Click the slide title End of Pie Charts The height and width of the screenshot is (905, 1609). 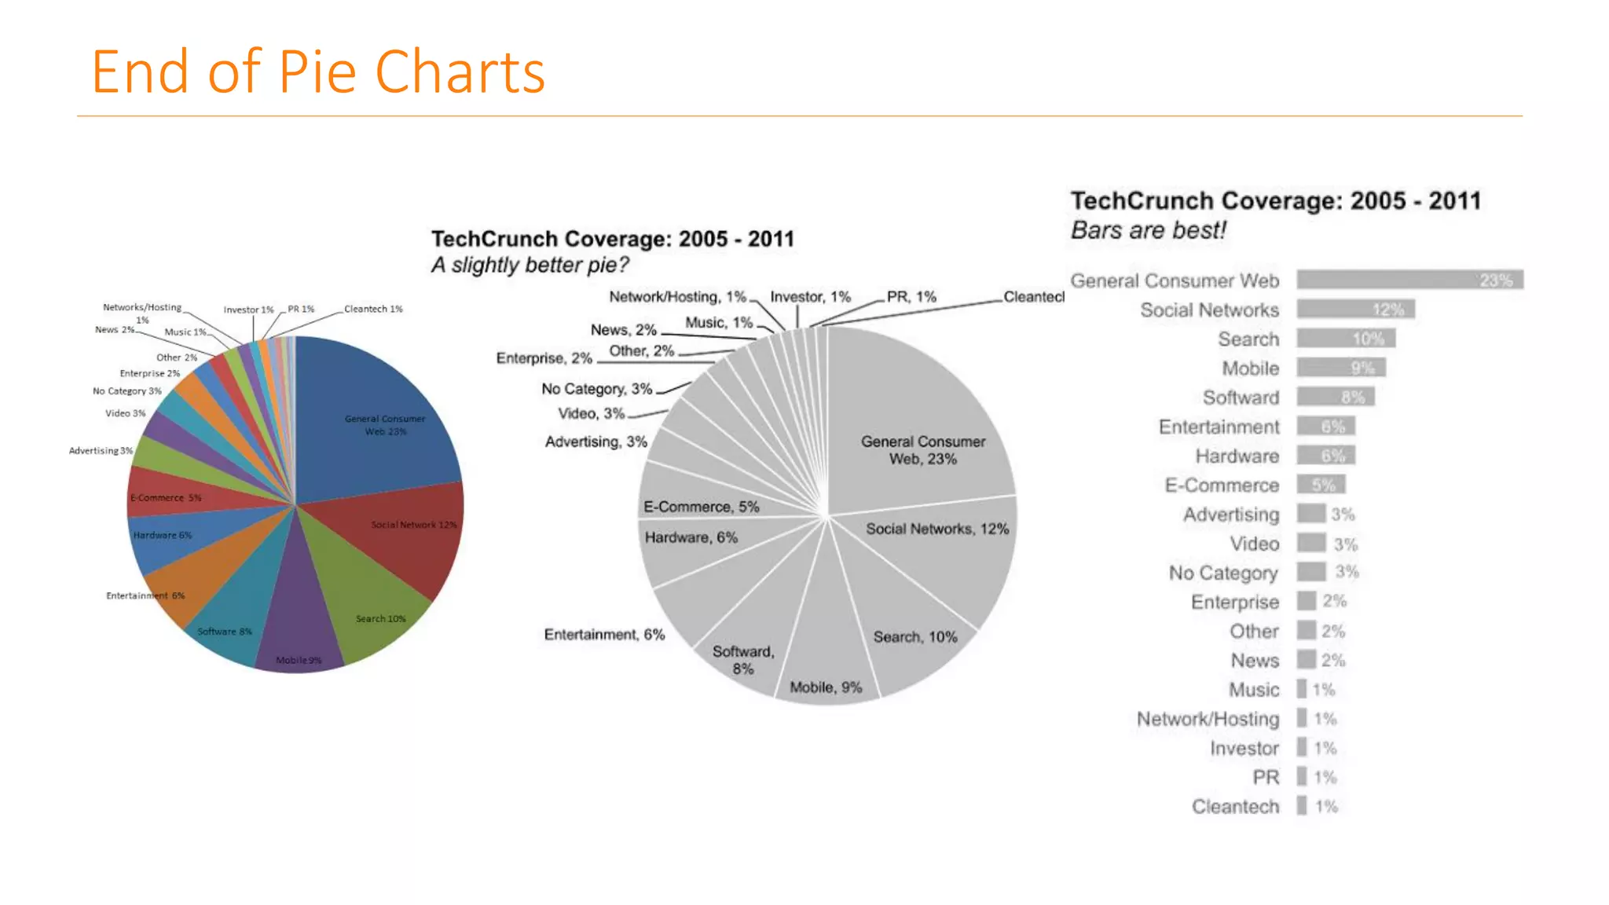point(318,72)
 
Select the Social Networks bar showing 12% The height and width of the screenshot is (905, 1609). point(1355,310)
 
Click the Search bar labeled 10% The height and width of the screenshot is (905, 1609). point(1345,339)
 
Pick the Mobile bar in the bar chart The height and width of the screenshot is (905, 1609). point(1340,368)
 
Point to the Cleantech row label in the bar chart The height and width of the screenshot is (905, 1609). point(1235,807)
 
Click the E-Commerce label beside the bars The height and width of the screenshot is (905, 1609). point(1222,485)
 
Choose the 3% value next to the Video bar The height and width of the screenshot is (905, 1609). point(1345,544)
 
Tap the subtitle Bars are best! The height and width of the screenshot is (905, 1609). point(1148,230)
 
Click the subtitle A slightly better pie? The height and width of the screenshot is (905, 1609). point(530,265)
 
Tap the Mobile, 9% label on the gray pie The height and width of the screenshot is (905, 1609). point(826,687)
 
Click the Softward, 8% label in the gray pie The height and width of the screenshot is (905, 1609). point(743,660)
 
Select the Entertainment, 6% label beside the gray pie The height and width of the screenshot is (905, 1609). point(604,635)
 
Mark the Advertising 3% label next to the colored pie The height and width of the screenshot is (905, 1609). point(101,451)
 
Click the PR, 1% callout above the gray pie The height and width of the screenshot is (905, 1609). point(911,297)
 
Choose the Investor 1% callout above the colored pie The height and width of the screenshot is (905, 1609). point(248,310)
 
